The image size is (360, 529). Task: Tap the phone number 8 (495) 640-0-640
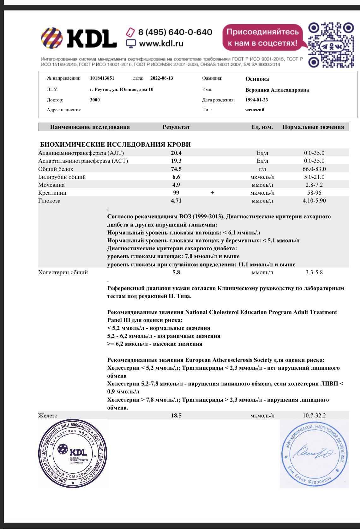[x=175, y=32]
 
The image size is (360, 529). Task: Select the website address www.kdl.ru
[x=161, y=43]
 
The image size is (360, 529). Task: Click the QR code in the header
[x=331, y=45]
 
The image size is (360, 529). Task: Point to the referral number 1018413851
[x=102, y=78]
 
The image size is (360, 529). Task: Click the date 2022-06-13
[x=162, y=78]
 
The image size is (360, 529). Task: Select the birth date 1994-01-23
[x=256, y=100]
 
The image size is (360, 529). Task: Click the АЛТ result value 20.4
[x=176, y=153]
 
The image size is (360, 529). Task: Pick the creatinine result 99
[x=176, y=193]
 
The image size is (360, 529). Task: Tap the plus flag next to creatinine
[x=213, y=193]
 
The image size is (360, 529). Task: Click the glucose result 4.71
[x=176, y=201]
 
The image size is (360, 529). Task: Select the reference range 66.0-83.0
[x=314, y=169]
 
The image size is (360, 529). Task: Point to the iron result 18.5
[x=176, y=416]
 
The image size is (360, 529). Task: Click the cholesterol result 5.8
[x=176, y=272]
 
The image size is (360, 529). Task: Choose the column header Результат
[x=176, y=127]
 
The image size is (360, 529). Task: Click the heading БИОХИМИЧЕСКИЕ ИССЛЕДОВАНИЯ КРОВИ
[x=115, y=144]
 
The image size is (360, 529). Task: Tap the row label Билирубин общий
[x=62, y=177]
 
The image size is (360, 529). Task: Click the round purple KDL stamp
[x=73, y=453]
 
